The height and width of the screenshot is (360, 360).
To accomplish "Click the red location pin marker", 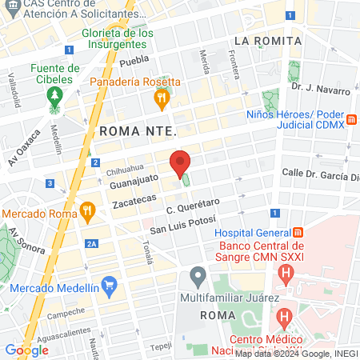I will (x=181, y=165).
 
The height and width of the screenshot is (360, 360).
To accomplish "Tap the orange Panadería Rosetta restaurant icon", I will (x=162, y=99).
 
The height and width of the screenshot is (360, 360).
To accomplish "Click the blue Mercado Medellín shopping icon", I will (x=110, y=285).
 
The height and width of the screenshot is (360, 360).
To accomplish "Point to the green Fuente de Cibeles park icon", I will (x=54, y=98).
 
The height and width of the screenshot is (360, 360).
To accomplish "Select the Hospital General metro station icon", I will (x=297, y=231).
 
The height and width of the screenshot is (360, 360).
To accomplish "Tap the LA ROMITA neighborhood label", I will (x=267, y=40).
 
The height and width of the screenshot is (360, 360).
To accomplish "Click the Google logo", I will (x=27, y=350).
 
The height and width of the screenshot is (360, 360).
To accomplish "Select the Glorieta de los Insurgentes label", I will (x=118, y=38).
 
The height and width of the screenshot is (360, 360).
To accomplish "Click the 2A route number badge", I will (x=93, y=243).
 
